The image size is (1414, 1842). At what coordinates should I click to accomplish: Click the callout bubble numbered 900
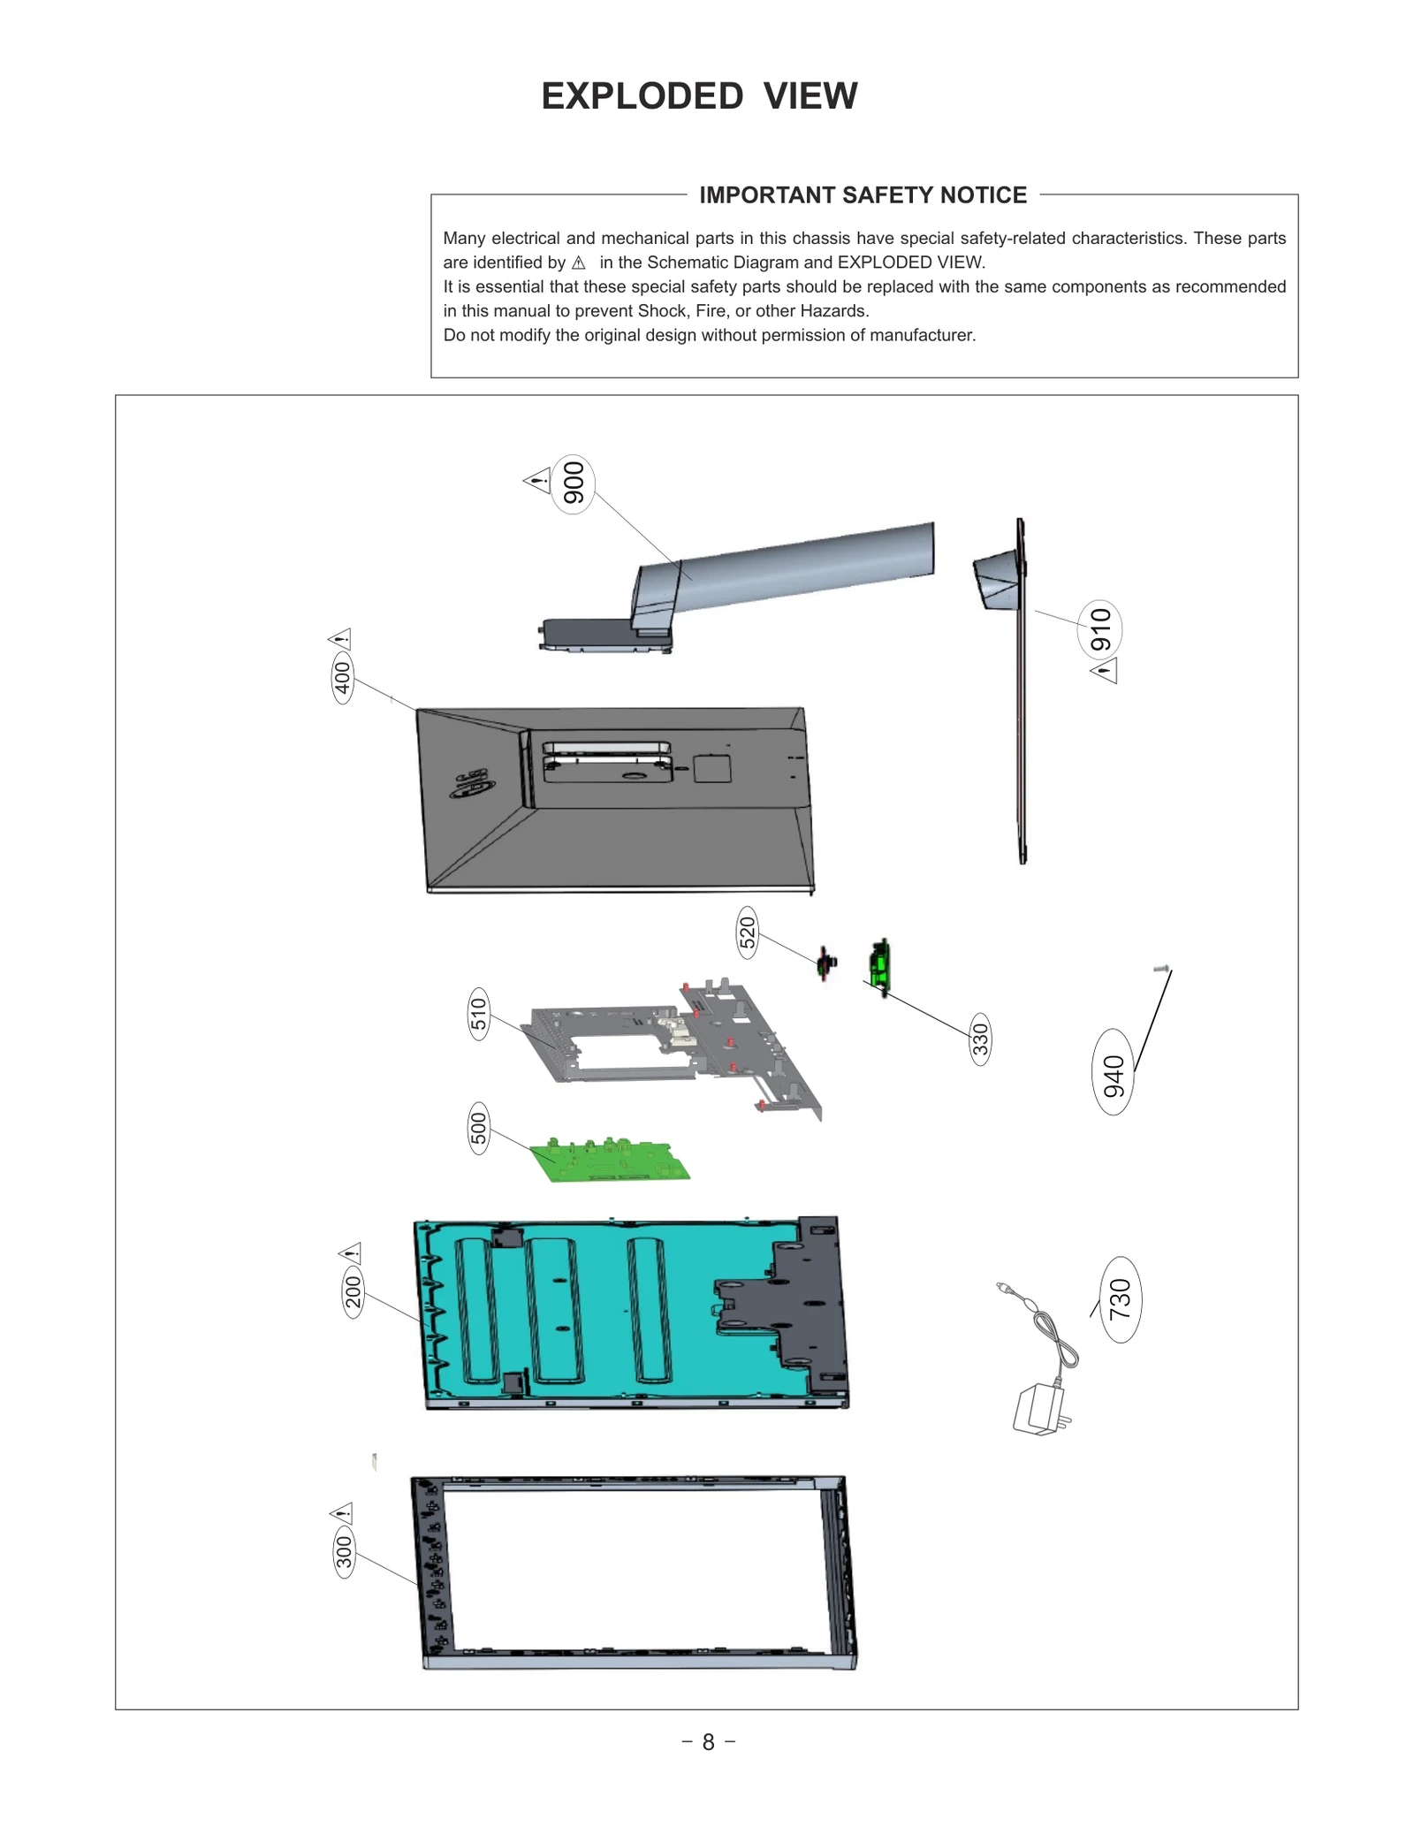pyautogui.click(x=573, y=483)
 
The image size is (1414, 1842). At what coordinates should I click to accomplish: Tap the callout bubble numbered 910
pyautogui.click(x=1099, y=629)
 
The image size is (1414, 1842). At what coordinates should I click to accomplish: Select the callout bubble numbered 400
pyautogui.click(x=343, y=678)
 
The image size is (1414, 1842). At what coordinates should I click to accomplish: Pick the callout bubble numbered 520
pyautogui.click(x=748, y=933)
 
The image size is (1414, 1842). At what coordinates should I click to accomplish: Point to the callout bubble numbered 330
pyautogui.click(x=980, y=1039)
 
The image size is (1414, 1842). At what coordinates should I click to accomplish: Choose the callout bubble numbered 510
pyautogui.click(x=478, y=1014)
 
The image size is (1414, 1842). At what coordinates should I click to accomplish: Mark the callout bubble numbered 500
pyautogui.click(x=478, y=1129)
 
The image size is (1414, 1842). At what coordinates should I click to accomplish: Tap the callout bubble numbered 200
pyautogui.click(x=353, y=1292)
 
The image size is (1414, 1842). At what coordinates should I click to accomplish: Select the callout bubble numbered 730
pyautogui.click(x=1120, y=1299)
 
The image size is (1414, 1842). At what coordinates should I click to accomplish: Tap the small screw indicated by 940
pyautogui.click(x=1161, y=970)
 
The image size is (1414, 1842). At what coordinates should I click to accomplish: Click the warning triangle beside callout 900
pyautogui.click(x=536, y=481)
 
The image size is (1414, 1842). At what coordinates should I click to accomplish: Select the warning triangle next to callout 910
pyautogui.click(x=1105, y=671)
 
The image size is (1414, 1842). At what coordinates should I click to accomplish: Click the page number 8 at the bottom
pyautogui.click(x=708, y=1742)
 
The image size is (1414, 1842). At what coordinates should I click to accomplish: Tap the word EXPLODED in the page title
pyautogui.click(x=642, y=96)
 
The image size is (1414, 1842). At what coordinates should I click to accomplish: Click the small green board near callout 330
pyautogui.click(x=878, y=964)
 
